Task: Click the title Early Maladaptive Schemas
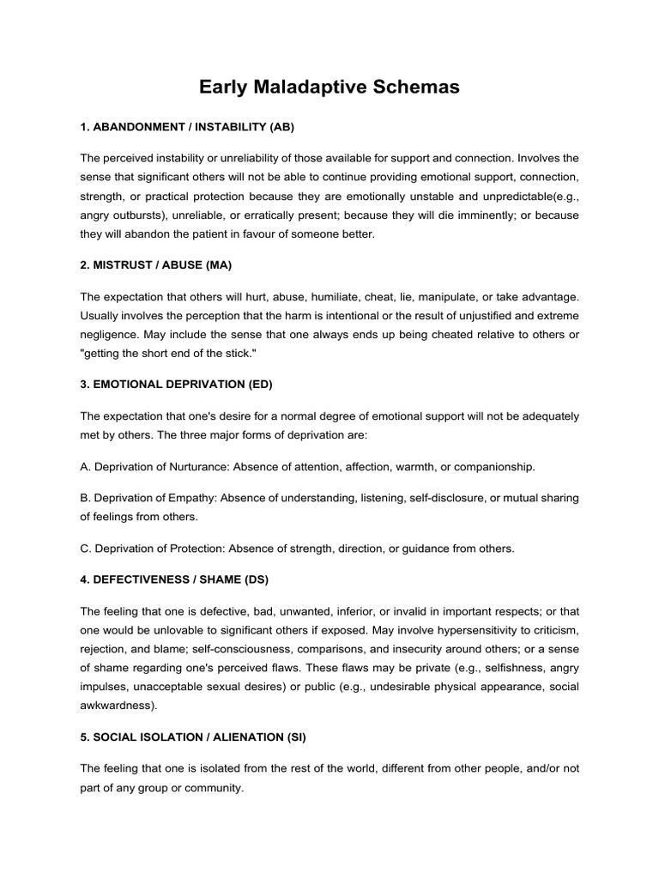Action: coord(329,87)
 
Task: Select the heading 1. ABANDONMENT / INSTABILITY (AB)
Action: coord(187,127)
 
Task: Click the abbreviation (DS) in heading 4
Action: coord(256,579)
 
